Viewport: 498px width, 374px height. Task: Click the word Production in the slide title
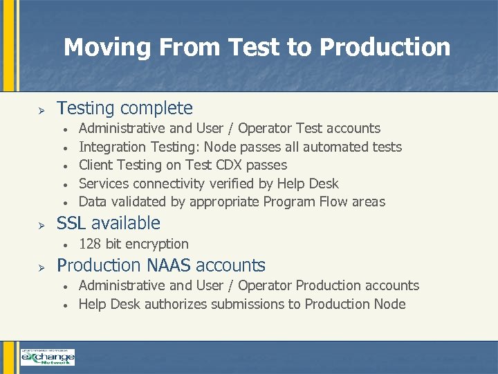pos(385,47)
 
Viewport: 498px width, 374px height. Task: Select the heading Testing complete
pos(124,108)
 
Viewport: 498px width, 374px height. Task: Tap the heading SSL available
pos(108,223)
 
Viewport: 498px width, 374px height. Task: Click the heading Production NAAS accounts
pos(160,265)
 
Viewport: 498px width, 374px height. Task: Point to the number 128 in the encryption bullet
pos(91,244)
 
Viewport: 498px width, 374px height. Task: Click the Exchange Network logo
pos(47,357)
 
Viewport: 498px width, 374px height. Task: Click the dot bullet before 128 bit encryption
pos(64,245)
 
